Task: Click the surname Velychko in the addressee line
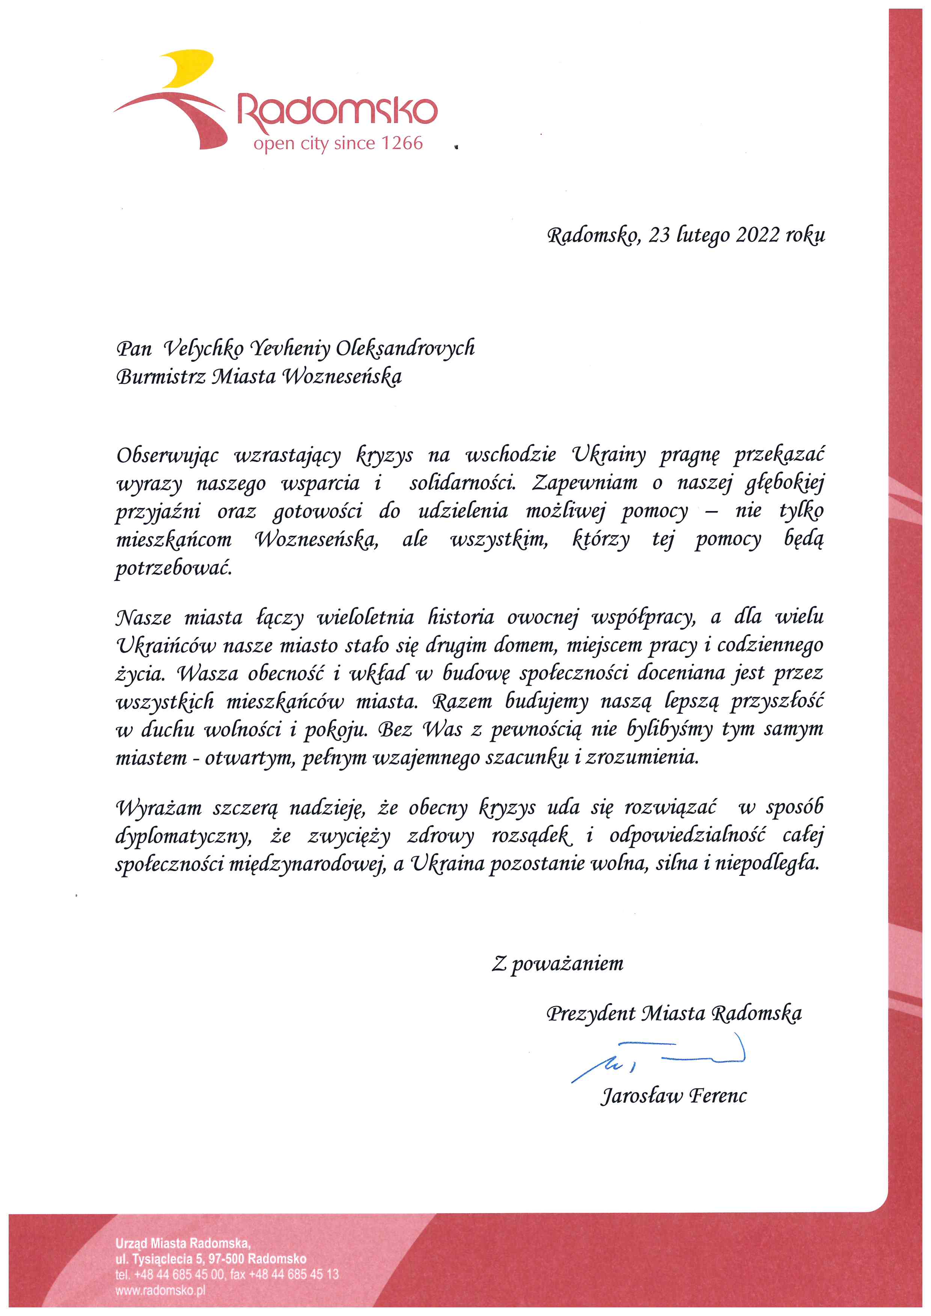pyautogui.click(x=203, y=349)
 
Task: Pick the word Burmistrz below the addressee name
pyautogui.click(x=161, y=377)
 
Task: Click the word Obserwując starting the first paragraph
pyautogui.click(x=167, y=456)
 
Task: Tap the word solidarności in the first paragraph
pyautogui.click(x=462, y=484)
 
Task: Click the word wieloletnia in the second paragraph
pyautogui.click(x=365, y=617)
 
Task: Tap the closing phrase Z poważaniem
pyautogui.click(x=557, y=964)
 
